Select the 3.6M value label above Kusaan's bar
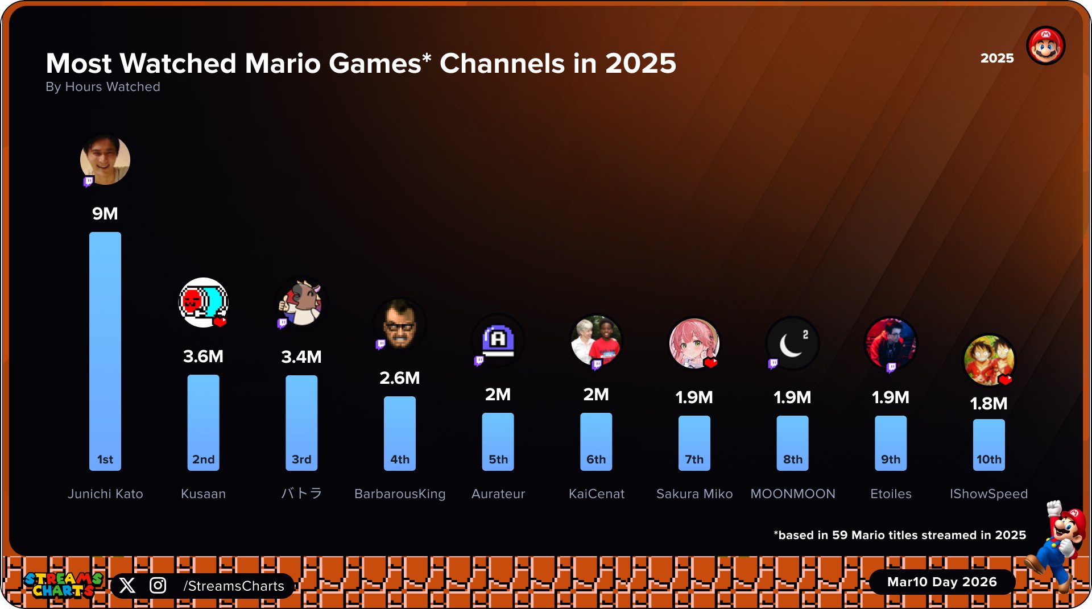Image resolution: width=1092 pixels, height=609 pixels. tap(203, 357)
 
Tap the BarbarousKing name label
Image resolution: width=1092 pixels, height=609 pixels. tap(400, 494)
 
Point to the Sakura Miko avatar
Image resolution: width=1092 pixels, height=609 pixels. tap(694, 343)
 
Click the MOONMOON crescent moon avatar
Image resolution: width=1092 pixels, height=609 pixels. tap(792, 343)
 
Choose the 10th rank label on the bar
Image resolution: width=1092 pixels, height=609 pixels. tap(988, 459)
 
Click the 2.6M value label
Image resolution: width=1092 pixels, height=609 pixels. tap(400, 378)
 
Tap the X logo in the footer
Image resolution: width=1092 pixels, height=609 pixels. tap(127, 586)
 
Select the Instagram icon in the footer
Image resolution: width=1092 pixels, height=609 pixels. tap(158, 586)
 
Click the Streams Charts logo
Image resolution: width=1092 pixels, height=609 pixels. tap(63, 585)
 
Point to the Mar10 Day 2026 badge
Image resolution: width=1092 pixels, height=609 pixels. tap(942, 582)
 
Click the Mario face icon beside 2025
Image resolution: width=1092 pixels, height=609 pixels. tap(1045, 45)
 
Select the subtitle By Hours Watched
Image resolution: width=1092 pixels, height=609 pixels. tap(103, 87)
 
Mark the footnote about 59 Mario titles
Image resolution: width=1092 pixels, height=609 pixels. tap(900, 535)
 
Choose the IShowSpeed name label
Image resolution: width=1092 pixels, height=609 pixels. tap(988, 494)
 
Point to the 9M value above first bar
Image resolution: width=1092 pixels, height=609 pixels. tap(105, 214)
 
